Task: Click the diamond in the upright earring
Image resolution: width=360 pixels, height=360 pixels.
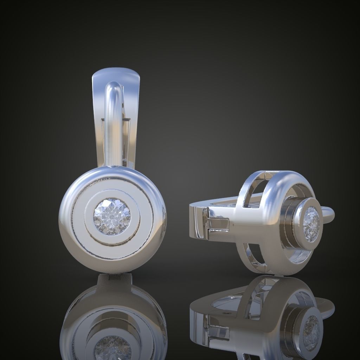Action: [x=112, y=215]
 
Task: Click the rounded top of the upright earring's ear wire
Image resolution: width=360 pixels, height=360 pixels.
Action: [x=114, y=88]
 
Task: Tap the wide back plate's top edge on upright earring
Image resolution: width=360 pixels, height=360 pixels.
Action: [x=116, y=72]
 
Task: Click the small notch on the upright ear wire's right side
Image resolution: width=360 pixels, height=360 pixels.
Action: [x=123, y=105]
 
